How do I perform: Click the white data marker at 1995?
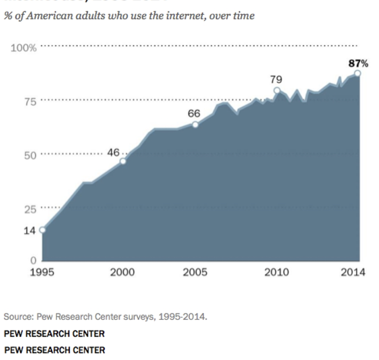[42, 230]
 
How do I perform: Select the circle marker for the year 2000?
[123, 161]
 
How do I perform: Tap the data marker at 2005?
[196, 124]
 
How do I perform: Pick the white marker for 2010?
[277, 90]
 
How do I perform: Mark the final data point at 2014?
[357, 73]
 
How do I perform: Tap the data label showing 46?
[114, 152]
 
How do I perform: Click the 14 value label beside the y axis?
[30, 230]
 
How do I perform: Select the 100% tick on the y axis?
[23, 48]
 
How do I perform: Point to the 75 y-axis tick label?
[30, 101]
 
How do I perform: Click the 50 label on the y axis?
[30, 156]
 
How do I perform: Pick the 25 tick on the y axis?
[30, 210]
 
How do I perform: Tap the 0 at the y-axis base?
[33, 261]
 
